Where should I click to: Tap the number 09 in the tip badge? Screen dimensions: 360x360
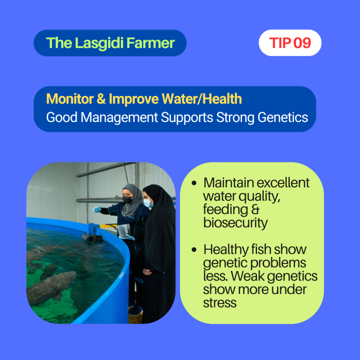(302, 43)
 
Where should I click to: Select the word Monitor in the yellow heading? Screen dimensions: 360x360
(70, 99)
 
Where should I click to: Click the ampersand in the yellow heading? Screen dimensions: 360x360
(101, 99)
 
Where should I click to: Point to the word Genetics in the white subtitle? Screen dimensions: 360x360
(283, 117)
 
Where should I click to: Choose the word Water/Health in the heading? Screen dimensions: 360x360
(201, 99)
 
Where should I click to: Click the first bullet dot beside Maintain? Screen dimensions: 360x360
(194, 183)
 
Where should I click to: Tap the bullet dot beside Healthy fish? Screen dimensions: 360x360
(194, 250)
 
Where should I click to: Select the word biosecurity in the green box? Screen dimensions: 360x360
(235, 223)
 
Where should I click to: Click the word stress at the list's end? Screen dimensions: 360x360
(220, 303)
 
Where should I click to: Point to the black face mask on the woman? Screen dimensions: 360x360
(127, 199)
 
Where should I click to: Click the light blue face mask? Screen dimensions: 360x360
(148, 203)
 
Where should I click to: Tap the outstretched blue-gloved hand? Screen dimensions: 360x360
(97, 210)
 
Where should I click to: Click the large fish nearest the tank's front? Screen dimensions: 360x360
(51, 288)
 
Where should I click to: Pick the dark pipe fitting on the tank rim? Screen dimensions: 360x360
(92, 238)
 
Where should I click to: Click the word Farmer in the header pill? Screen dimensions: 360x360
(150, 43)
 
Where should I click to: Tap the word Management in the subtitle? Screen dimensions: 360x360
(119, 118)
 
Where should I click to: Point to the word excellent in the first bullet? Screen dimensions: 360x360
(283, 183)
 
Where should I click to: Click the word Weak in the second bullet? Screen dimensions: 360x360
(247, 276)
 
